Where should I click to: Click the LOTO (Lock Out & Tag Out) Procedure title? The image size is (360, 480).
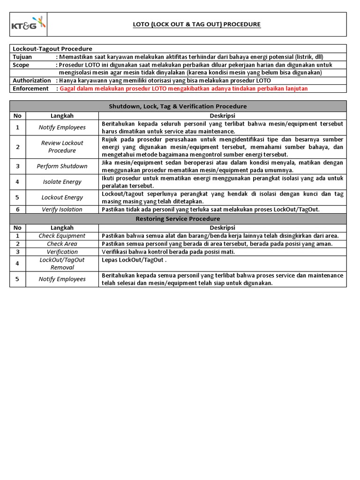tap(196, 24)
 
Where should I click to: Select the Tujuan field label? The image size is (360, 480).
tap(22, 57)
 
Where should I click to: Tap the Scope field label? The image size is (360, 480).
tap(21, 65)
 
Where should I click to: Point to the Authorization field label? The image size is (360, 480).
tap(32, 81)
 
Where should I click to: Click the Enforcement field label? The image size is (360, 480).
tap(30, 89)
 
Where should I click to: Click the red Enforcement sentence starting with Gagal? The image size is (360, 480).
tap(184, 89)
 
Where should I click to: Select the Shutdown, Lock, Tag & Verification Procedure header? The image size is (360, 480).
tap(178, 106)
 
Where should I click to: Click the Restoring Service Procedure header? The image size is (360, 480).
tap(178, 219)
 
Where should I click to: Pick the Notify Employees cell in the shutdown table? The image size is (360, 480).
tap(62, 127)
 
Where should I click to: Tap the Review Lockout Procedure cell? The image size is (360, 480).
tap(62, 147)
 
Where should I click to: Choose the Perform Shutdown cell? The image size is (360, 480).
tap(62, 166)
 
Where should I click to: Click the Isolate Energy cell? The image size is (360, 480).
tap(62, 182)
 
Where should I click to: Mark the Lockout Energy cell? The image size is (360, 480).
tap(62, 197)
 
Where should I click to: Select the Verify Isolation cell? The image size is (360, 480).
tap(62, 210)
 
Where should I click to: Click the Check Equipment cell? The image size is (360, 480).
tap(62, 236)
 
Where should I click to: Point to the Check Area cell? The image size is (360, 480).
tap(62, 244)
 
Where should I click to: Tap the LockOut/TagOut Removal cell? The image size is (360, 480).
tap(62, 263)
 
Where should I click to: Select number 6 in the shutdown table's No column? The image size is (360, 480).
tap(18, 210)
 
